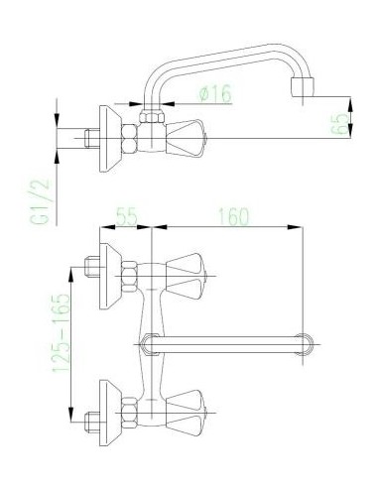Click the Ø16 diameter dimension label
[x=215, y=93]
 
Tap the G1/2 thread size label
[x=40, y=202]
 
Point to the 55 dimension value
[x=126, y=216]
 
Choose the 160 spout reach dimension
[x=233, y=216]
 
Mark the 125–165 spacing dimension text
[x=62, y=333]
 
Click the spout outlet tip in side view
[x=302, y=87]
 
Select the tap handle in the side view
[x=185, y=138]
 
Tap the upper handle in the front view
[x=186, y=276]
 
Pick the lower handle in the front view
[x=186, y=413]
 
